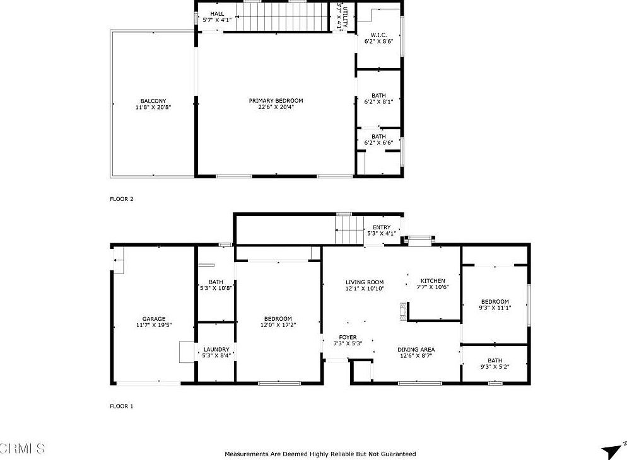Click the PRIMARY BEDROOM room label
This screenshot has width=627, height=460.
tap(276, 101)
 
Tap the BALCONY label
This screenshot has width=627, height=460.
tap(153, 101)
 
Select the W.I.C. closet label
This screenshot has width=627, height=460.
tap(378, 35)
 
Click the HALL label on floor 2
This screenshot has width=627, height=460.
tap(216, 13)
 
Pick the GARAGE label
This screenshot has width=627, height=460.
tap(154, 319)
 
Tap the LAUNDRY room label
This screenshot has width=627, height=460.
tap(216, 349)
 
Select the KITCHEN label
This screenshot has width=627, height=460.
tap(433, 281)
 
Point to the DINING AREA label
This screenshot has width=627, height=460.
tap(416, 350)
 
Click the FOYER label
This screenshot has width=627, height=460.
tap(348, 337)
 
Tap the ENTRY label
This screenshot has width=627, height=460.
tap(382, 227)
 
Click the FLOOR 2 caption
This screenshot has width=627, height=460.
tap(122, 199)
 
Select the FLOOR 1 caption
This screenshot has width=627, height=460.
tap(122, 406)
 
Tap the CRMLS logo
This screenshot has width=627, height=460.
tap(23, 449)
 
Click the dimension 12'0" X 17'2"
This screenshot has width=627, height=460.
tap(278, 325)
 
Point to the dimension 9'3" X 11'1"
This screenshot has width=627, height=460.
tap(495, 308)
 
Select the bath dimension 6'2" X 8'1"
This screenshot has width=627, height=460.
tap(378, 101)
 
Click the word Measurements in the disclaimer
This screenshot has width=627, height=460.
tap(247, 454)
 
